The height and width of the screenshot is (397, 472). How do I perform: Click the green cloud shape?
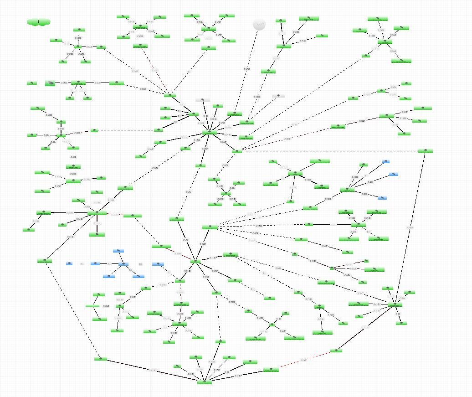(38, 22)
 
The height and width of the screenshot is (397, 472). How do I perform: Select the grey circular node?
(259, 25)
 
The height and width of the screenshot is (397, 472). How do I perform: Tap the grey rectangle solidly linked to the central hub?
(202, 100)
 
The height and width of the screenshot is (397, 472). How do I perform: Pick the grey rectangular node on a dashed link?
(278, 96)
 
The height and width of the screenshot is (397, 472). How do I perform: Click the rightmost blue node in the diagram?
(394, 174)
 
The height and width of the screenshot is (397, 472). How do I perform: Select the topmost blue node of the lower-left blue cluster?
(118, 251)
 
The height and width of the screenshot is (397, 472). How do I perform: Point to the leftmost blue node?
(69, 263)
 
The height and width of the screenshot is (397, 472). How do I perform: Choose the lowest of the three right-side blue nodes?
(383, 198)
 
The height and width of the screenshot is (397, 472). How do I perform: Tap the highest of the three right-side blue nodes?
(386, 161)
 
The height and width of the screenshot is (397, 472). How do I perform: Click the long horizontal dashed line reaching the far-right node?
(328, 151)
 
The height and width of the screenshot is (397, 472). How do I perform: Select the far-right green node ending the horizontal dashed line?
(425, 151)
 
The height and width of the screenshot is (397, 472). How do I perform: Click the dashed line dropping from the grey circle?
(248, 68)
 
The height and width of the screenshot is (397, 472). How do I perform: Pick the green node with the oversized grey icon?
(51, 83)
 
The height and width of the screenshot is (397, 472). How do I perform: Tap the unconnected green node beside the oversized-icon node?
(31, 83)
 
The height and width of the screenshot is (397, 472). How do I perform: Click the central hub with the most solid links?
(209, 133)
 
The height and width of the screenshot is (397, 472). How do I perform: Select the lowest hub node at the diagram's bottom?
(205, 382)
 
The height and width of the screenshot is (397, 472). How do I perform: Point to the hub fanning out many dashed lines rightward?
(210, 227)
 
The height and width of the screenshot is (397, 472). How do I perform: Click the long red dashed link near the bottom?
(304, 360)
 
